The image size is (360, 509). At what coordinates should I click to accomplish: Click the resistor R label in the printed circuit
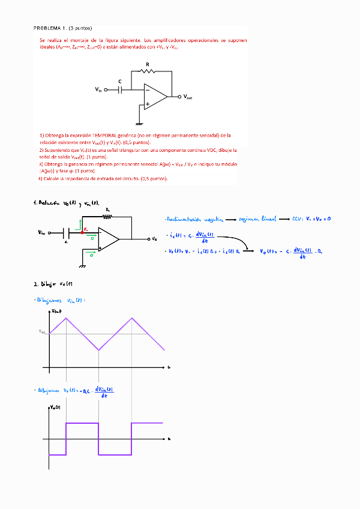(x=148, y=64)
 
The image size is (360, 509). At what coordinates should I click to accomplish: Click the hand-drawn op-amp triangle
(x=108, y=238)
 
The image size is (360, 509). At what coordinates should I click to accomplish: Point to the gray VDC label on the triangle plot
(x=42, y=332)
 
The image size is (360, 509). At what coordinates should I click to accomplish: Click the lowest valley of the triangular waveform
(x=98, y=350)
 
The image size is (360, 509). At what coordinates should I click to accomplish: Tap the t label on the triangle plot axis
(x=169, y=366)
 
